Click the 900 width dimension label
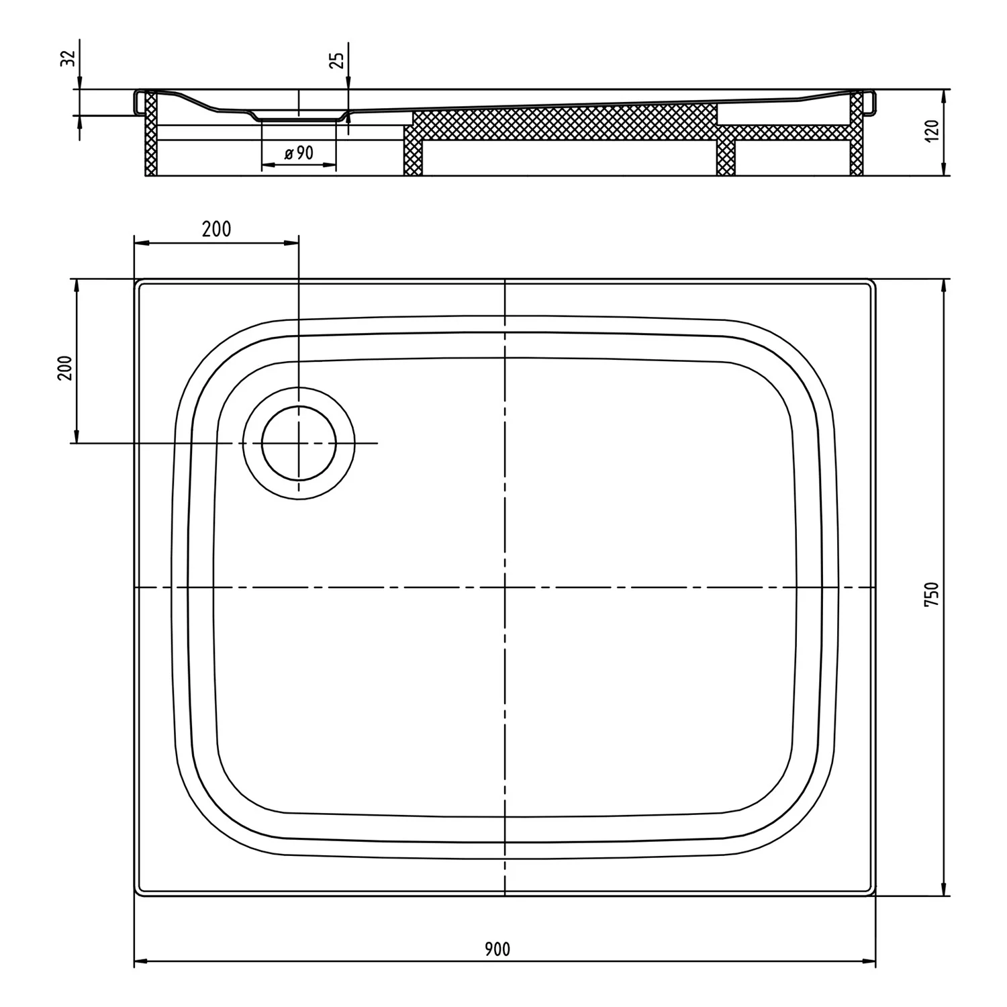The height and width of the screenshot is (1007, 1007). pyautogui.click(x=497, y=949)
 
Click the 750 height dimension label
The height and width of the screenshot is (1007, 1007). pyautogui.click(x=931, y=595)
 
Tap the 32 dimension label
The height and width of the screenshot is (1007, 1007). pyautogui.click(x=67, y=58)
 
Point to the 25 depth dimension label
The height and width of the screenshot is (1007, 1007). pyautogui.click(x=338, y=60)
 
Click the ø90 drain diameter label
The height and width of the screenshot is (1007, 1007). pyautogui.click(x=298, y=153)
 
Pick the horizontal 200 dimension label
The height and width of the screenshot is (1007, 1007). pyautogui.click(x=216, y=229)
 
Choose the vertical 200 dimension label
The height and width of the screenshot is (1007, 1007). pyautogui.click(x=65, y=367)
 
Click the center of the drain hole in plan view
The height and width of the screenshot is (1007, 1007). pyautogui.click(x=299, y=444)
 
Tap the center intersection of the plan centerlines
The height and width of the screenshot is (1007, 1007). pyautogui.click(x=504, y=588)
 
